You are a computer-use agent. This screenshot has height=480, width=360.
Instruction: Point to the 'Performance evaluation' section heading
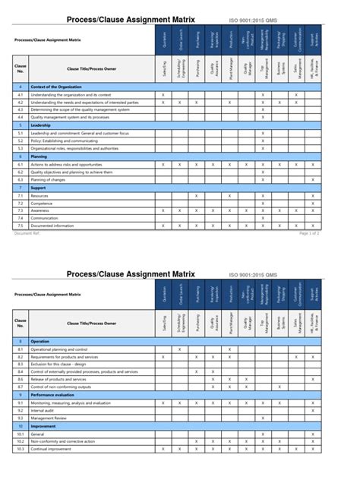(x=52, y=395)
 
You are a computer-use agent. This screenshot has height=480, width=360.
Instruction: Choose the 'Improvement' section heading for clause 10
(x=43, y=426)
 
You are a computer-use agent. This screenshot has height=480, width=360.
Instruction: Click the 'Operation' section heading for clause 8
(x=39, y=342)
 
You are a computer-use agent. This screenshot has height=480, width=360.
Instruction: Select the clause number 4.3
(x=21, y=109)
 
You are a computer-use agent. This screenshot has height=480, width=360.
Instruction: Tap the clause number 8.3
(x=21, y=364)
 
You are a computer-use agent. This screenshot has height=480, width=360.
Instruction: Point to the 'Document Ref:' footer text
(x=28, y=234)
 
